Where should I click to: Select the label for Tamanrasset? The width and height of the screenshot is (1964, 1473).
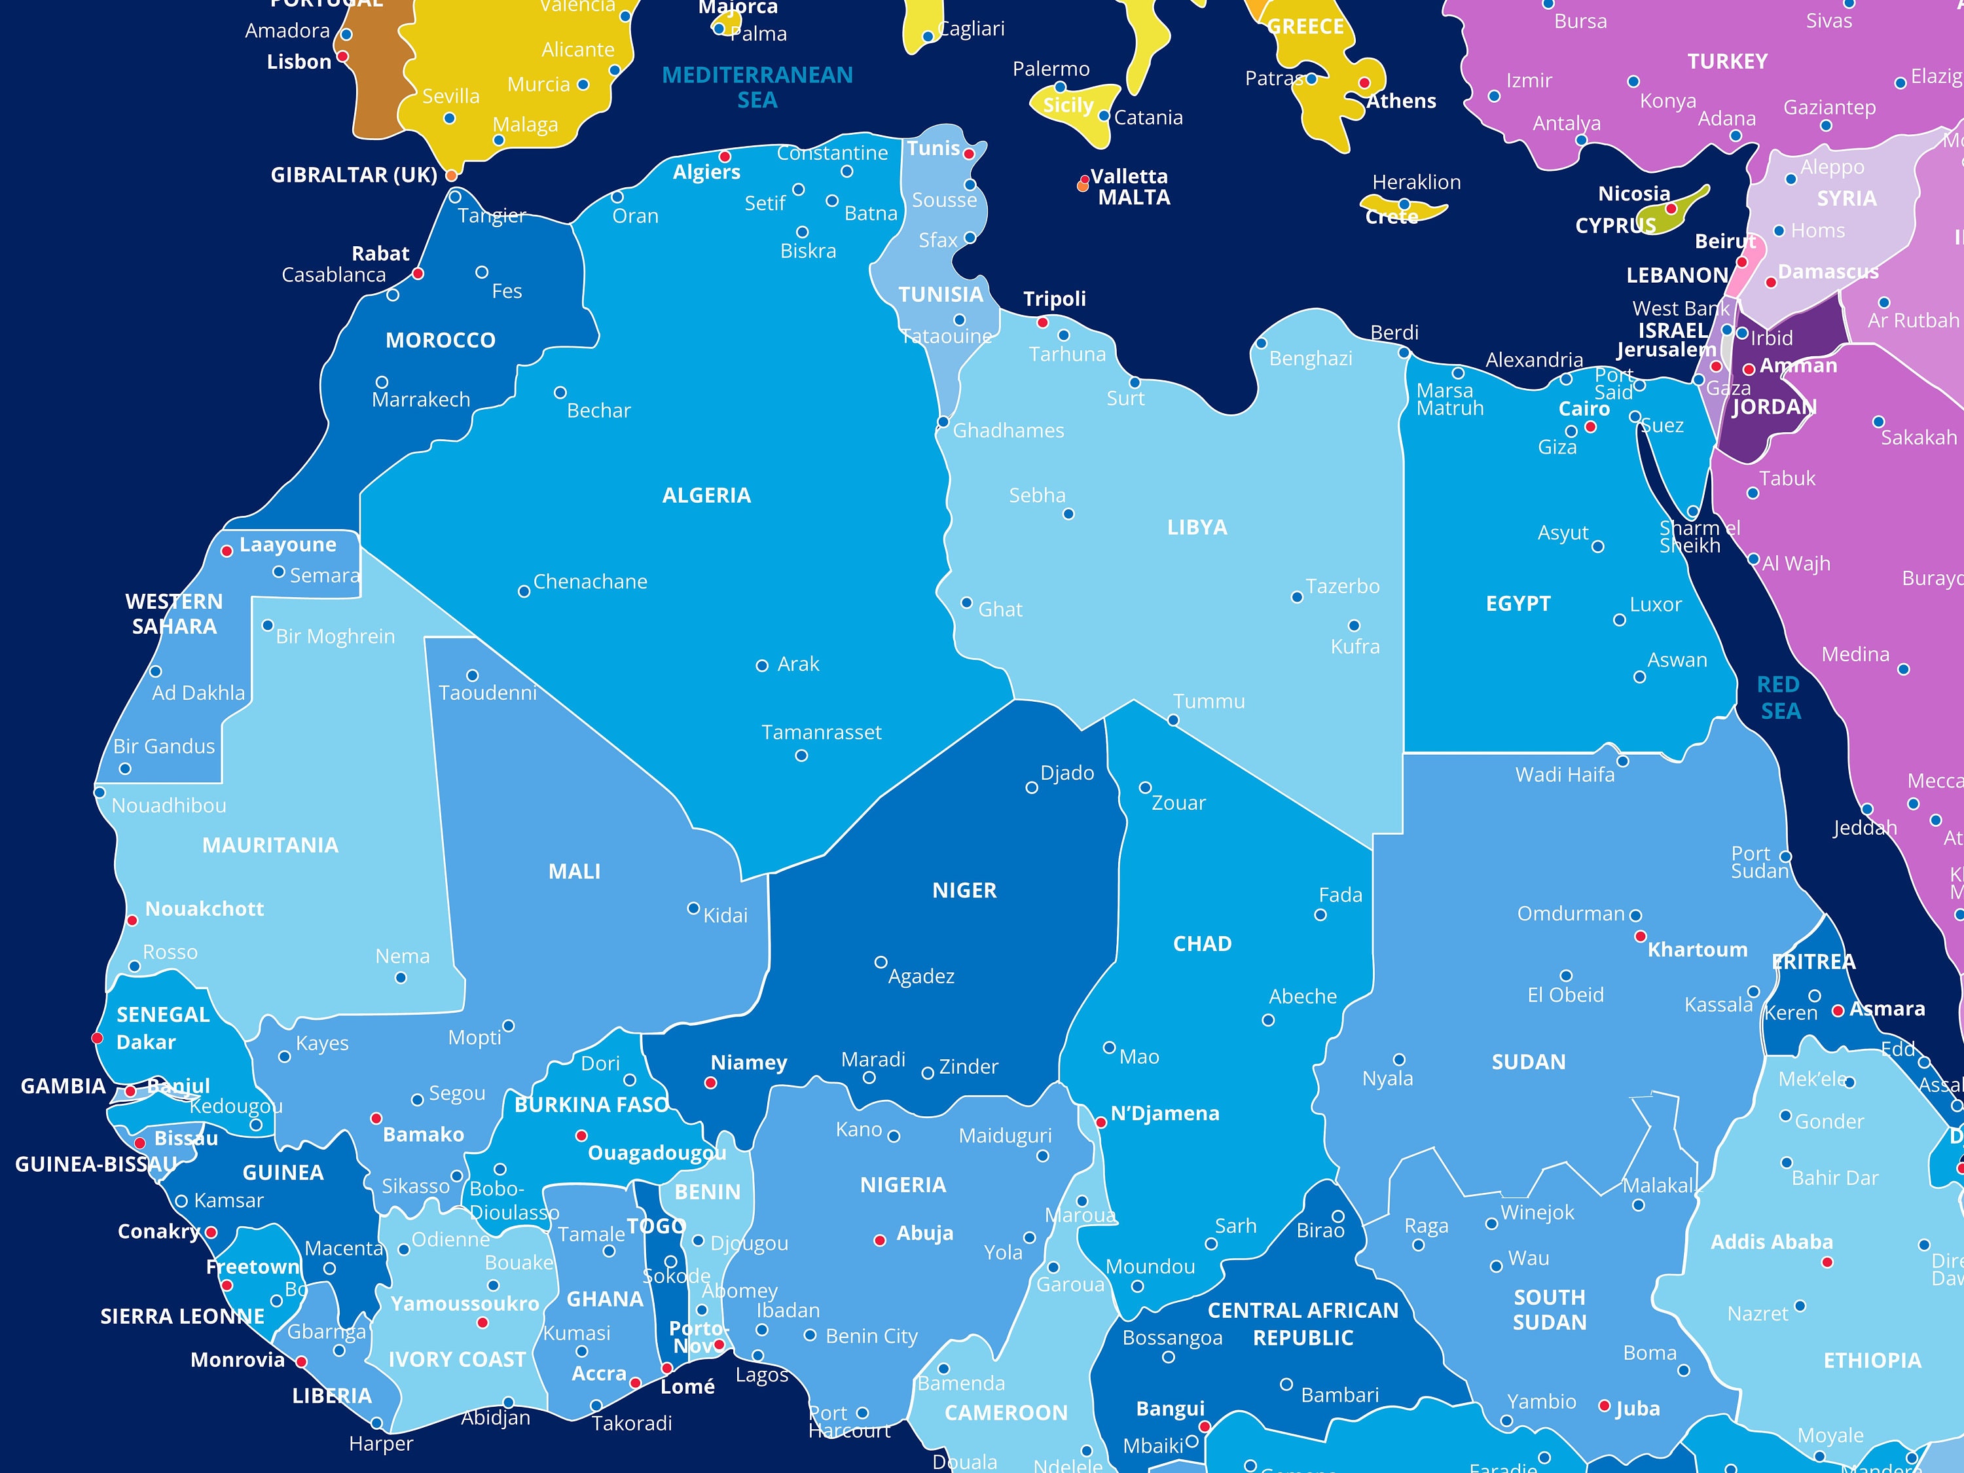tap(822, 733)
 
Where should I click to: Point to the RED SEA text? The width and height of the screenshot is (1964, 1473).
tap(1779, 698)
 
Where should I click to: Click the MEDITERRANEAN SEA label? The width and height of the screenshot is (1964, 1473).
tap(757, 87)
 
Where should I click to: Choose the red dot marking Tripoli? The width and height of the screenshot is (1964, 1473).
tap(1044, 322)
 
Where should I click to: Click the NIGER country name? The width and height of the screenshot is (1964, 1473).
tap(964, 890)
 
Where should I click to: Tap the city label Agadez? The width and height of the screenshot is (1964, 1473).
tap(922, 977)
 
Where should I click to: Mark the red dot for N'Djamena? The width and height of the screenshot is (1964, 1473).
tap(1101, 1122)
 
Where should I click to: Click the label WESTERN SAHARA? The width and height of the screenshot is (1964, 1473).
tap(174, 613)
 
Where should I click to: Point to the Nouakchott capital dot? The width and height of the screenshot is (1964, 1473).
tap(132, 920)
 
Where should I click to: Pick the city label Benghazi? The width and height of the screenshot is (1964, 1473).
tap(1311, 359)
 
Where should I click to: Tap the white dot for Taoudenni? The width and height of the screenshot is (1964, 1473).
tap(473, 676)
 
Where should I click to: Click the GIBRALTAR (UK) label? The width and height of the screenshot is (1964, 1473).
tap(354, 175)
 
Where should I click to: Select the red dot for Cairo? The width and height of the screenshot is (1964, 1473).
tap(1591, 427)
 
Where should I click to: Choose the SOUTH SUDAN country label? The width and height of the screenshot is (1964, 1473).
tap(1550, 1309)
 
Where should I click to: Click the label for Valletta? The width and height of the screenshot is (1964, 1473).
tap(1129, 177)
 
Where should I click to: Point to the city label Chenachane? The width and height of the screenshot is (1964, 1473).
tap(590, 581)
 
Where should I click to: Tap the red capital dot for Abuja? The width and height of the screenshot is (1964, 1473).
tap(880, 1241)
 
